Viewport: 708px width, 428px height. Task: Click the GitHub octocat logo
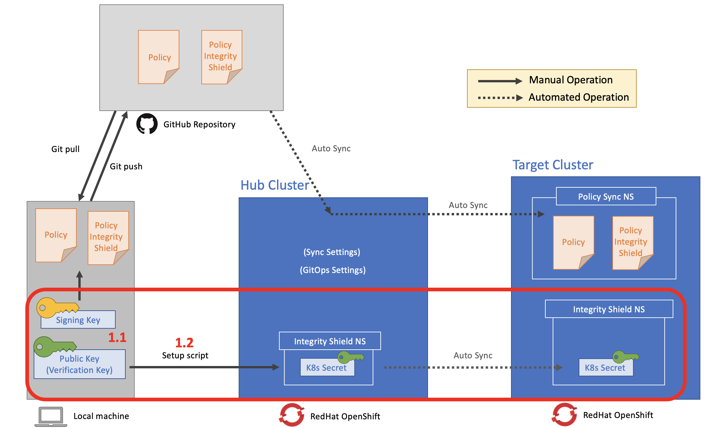coord(147,124)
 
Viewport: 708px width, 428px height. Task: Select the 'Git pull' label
coord(65,149)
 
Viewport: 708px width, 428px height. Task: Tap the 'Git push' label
coord(126,166)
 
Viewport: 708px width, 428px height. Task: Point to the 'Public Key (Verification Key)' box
coord(79,364)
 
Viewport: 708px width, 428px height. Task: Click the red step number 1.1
coord(117,337)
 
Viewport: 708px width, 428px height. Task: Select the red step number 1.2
coord(184,343)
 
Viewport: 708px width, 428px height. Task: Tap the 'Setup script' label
coord(185,355)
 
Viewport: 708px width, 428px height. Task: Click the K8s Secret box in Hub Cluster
coord(327,367)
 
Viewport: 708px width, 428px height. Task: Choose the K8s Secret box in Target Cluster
coord(605,367)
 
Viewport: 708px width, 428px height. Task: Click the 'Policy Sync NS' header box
coord(606,196)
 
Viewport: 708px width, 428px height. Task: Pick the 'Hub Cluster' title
coord(275,185)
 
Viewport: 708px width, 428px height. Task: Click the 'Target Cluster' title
coord(553,165)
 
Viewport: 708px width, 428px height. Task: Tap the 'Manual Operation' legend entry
coord(571,80)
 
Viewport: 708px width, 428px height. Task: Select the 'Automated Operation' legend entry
coord(578,97)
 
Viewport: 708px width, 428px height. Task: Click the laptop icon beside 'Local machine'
coord(51,416)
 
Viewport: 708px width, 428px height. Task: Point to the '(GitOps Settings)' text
coord(333,270)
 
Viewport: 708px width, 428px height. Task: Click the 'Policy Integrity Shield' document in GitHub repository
coord(221,57)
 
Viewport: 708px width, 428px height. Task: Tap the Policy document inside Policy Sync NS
coord(573,242)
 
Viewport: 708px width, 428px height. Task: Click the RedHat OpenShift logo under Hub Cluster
coord(292,415)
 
